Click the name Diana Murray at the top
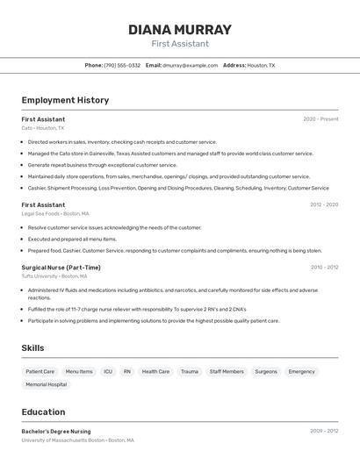(x=179, y=29)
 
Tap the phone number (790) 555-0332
(x=122, y=65)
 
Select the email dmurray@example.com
(x=190, y=65)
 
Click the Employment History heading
(x=65, y=100)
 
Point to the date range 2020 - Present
(x=320, y=119)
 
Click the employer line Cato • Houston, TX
(x=42, y=128)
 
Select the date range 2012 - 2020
(x=323, y=205)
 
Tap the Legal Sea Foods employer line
(x=54, y=213)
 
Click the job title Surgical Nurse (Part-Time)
(x=61, y=268)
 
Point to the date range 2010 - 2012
(x=324, y=268)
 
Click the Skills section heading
(x=32, y=348)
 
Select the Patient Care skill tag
(x=40, y=371)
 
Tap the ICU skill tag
(x=108, y=371)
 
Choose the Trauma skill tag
(x=190, y=371)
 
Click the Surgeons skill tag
(x=266, y=371)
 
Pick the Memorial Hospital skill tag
(x=46, y=384)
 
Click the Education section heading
(x=43, y=411)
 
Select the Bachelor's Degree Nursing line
(x=56, y=432)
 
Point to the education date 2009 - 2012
(x=324, y=432)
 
